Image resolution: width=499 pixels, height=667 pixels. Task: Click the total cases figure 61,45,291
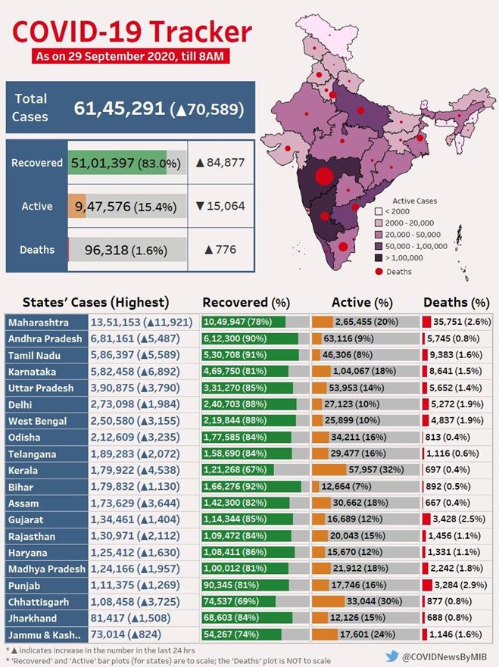119,108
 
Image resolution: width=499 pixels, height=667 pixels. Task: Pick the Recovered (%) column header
246,301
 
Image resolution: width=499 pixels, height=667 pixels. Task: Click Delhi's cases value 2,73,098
114,404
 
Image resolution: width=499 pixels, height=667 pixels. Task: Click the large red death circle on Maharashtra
324,177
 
